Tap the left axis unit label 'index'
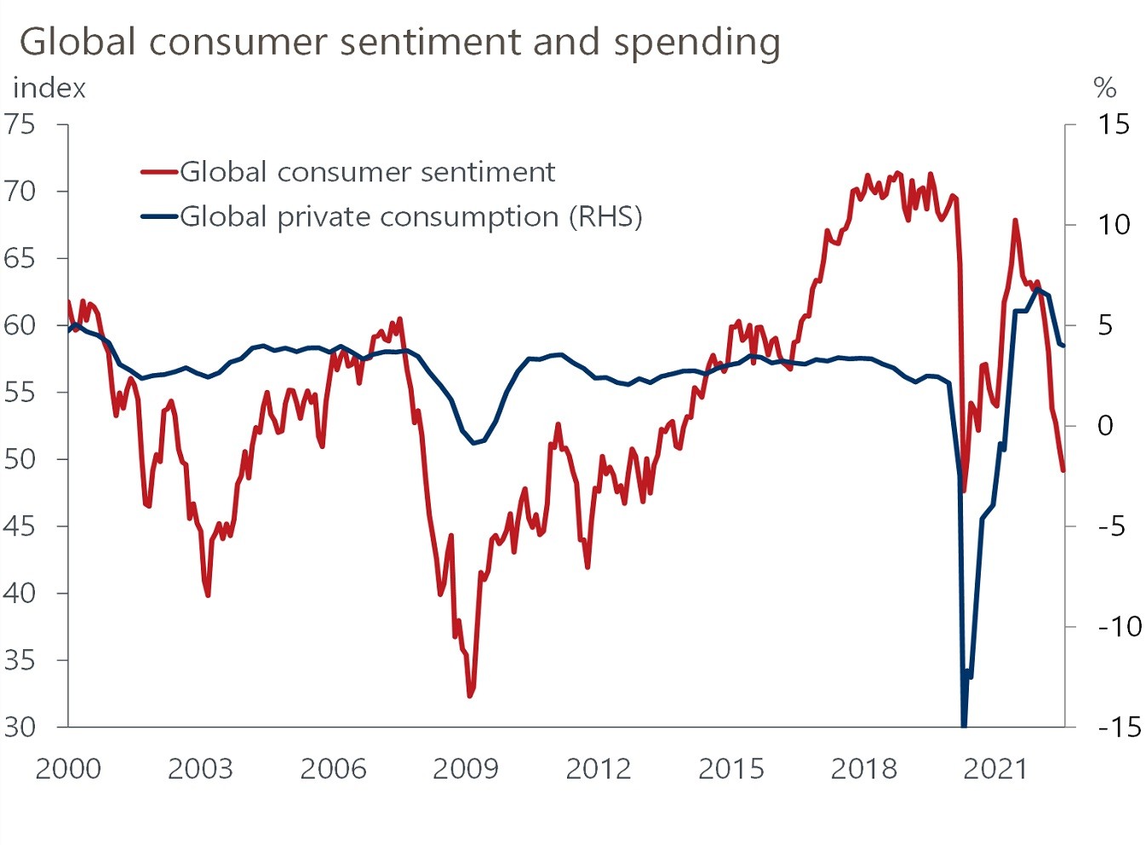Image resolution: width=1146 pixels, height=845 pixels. click(x=49, y=89)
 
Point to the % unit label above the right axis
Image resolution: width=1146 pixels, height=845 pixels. click(x=1104, y=88)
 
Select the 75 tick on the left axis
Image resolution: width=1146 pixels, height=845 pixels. click(x=20, y=124)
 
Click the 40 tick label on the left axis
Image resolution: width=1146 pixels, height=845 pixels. click(x=20, y=593)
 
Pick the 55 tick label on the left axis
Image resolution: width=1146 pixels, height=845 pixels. click(x=20, y=392)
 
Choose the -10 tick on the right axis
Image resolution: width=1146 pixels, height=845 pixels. click(x=1119, y=627)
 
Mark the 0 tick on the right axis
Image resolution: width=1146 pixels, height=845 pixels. click(x=1105, y=426)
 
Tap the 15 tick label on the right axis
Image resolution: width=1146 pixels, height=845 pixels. click(x=1113, y=124)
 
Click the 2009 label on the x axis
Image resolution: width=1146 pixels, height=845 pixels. click(x=465, y=769)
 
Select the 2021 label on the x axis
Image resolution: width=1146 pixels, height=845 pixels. click(x=995, y=769)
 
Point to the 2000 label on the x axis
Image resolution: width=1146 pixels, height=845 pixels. click(x=67, y=769)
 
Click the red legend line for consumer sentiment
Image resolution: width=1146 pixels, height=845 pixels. click(x=159, y=172)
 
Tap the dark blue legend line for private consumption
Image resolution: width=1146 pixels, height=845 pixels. click(x=159, y=216)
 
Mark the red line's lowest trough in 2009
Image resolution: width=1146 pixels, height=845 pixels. click(x=470, y=696)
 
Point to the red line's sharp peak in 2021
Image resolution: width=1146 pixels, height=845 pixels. click(x=1015, y=220)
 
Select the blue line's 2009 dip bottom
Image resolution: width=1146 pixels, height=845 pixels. click(x=474, y=443)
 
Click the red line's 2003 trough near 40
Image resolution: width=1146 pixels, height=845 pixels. click(x=208, y=595)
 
